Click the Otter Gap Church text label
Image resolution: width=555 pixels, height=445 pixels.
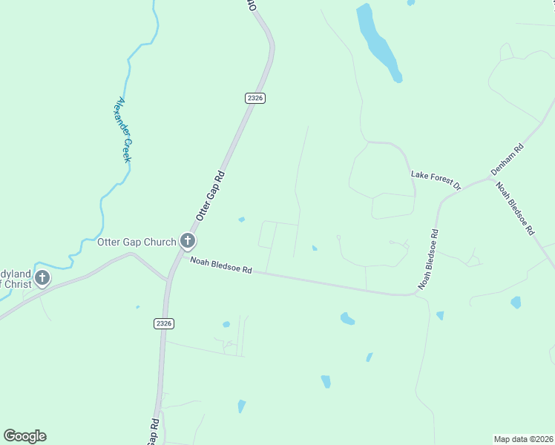pos(137,242)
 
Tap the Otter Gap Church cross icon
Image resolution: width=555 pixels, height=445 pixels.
pos(188,240)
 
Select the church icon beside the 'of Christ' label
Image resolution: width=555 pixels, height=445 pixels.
pos(42,278)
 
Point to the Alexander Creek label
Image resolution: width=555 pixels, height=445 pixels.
pos(123,131)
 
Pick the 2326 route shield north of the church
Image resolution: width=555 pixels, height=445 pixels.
pos(254,98)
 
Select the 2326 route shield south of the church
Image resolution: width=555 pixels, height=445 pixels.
pos(164,323)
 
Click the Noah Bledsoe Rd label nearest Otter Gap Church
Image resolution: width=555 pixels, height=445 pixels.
pos(221,265)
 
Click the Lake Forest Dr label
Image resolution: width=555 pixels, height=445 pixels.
pos(436,179)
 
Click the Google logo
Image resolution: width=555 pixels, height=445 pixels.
pos(24,436)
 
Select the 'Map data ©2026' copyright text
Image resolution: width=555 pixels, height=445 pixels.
pos(523,438)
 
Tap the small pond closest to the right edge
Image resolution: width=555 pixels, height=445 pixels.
pos(516,302)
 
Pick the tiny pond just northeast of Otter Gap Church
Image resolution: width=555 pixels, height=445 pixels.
pos(241,220)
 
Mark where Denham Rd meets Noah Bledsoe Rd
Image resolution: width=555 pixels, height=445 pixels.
pos(491,179)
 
